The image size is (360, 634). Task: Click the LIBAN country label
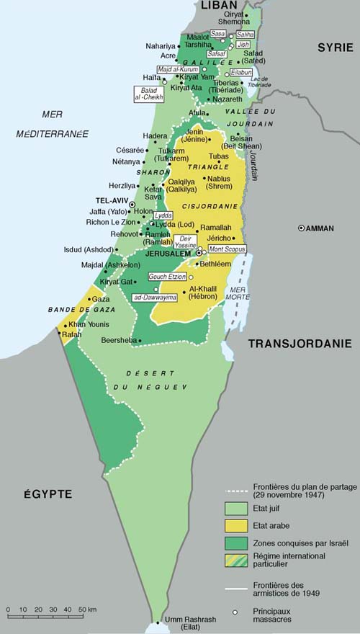218,6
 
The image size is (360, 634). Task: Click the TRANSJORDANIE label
299,344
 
